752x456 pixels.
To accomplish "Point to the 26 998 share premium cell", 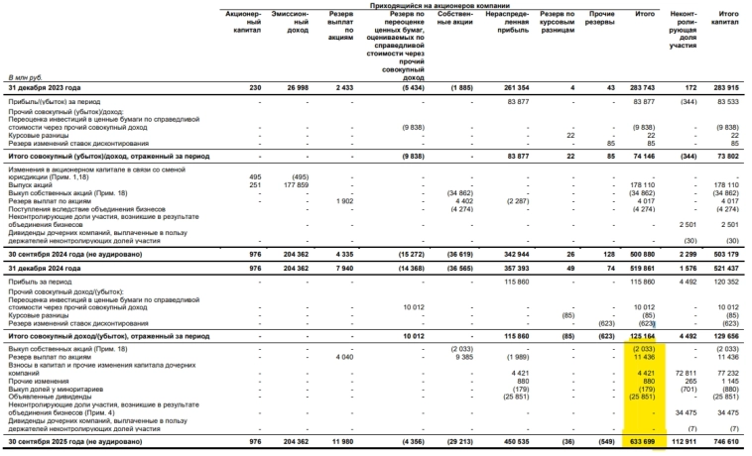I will (x=296, y=89).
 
